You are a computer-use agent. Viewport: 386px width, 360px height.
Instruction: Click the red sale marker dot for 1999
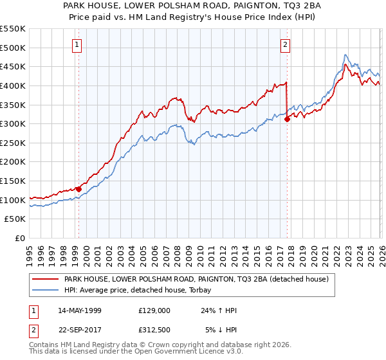click(x=78, y=189)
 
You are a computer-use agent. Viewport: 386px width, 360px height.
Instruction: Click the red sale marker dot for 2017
click(x=287, y=119)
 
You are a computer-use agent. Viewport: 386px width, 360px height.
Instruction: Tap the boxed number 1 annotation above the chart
click(x=77, y=44)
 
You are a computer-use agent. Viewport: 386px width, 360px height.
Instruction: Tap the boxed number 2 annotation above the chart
click(x=284, y=44)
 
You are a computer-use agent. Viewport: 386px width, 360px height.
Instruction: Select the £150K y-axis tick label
click(x=13, y=181)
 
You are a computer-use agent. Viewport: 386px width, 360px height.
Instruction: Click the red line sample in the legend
click(x=44, y=279)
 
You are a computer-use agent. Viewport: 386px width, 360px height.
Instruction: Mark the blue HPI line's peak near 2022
click(x=345, y=55)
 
